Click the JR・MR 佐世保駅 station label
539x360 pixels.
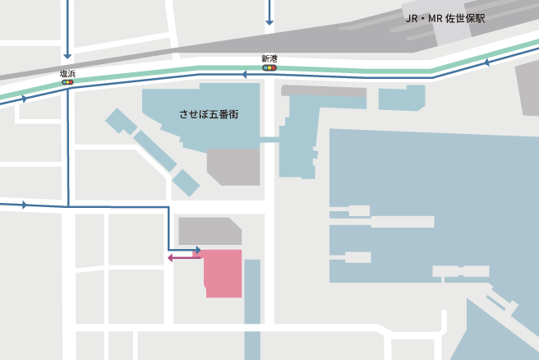[x=445, y=18]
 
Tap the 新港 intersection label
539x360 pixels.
[x=269, y=58]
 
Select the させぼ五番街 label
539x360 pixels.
[x=210, y=113]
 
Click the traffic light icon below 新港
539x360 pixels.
[x=269, y=68]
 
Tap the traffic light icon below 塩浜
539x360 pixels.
[x=67, y=82]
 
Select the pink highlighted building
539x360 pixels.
[x=223, y=273]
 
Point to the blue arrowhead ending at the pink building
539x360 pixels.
[x=198, y=250]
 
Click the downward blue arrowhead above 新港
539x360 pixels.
[x=269, y=22]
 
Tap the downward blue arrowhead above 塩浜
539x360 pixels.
[x=67, y=55]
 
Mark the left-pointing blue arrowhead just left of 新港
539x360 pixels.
[x=244, y=74]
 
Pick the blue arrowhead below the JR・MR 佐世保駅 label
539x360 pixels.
[x=486, y=62]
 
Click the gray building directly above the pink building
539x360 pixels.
[x=209, y=231]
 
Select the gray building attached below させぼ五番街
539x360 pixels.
[x=233, y=166]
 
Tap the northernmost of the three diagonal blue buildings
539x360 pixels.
[x=121, y=121]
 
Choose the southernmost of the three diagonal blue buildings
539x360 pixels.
[x=186, y=182]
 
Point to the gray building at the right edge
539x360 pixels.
[x=528, y=85]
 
